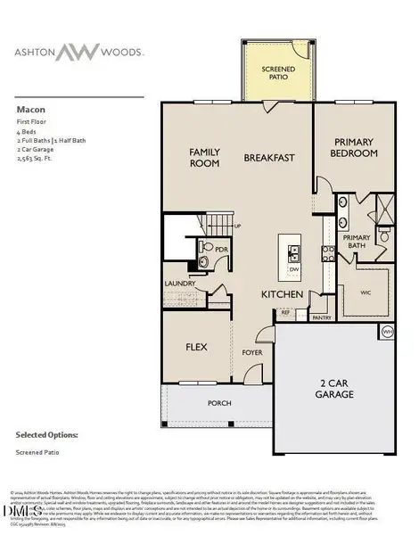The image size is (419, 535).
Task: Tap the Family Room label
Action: pos(204,159)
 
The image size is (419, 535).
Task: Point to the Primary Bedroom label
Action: pos(357,147)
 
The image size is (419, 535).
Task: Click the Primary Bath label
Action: pos(357,240)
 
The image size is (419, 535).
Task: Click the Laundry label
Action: pos(180,285)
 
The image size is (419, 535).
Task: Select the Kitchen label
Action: pos(283,294)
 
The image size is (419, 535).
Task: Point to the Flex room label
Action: pos(197,346)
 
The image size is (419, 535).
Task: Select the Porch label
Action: pos(219,403)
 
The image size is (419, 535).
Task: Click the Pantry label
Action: pos(321,317)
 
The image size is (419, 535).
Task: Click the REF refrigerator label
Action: pos(286,313)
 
